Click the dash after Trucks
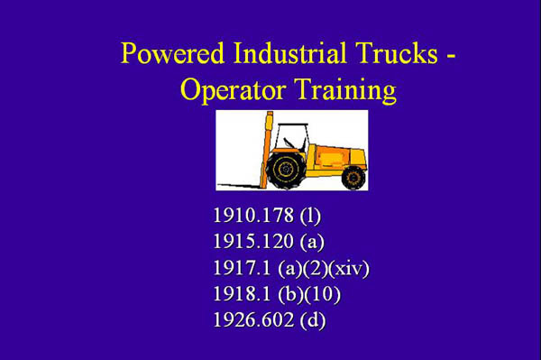tap(449, 56)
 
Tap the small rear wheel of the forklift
tap(353, 177)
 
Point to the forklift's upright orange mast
tap(267, 149)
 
